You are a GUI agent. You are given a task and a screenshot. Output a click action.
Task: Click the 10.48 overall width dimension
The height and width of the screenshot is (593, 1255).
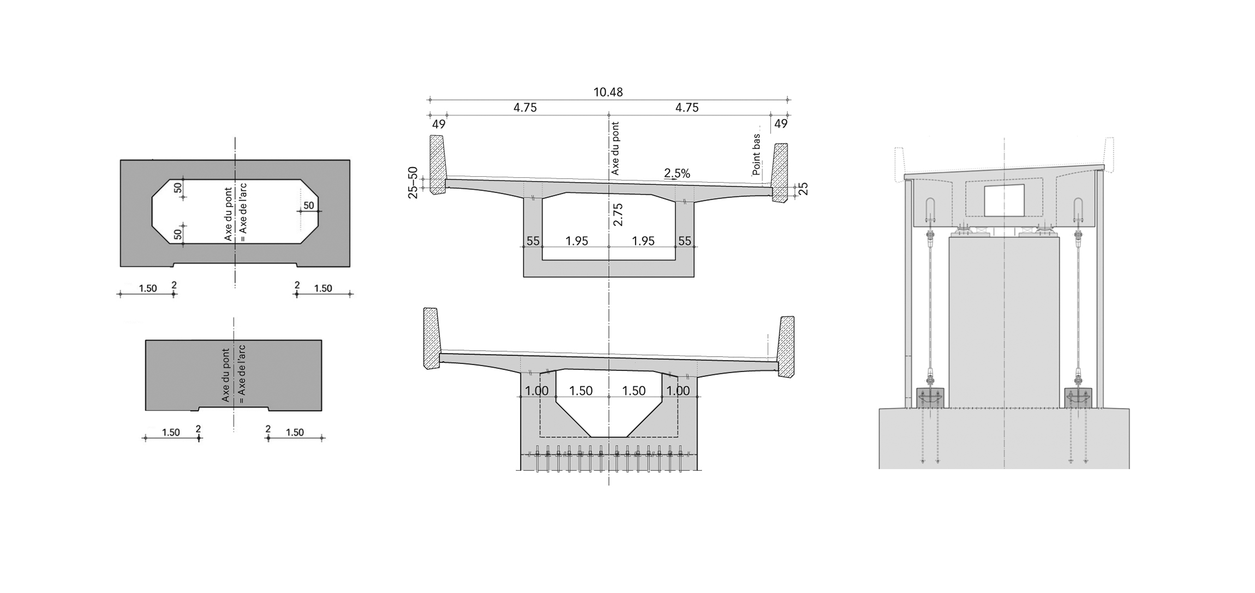click(608, 92)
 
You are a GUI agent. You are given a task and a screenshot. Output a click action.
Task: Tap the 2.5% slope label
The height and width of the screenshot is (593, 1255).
click(677, 173)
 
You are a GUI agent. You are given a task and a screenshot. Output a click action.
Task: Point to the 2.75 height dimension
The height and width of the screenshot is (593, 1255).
click(618, 214)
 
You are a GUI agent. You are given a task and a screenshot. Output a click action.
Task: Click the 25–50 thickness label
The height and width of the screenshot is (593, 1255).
click(413, 182)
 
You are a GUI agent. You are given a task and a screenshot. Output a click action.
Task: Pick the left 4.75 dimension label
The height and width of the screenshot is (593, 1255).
click(525, 107)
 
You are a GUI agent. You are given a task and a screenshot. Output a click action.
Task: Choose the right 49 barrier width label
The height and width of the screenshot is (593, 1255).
click(781, 124)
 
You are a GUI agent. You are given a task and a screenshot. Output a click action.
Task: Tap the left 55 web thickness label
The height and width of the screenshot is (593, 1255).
click(533, 241)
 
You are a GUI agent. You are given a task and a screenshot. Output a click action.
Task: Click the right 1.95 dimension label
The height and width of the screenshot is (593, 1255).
click(643, 241)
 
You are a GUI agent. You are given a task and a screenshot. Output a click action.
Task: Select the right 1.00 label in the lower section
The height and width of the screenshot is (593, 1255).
click(678, 391)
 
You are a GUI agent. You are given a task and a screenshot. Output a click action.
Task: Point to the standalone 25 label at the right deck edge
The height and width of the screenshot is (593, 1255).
click(803, 189)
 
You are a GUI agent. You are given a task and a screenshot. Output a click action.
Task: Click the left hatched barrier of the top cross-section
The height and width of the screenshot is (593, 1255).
click(437, 164)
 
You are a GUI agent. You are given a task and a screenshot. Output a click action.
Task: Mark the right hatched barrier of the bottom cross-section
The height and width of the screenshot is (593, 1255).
click(786, 346)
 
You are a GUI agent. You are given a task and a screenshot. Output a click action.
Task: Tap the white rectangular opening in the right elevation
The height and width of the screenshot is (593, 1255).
click(1004, 200)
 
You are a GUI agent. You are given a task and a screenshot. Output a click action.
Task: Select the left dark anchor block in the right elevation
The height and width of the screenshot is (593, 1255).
click(930, 398)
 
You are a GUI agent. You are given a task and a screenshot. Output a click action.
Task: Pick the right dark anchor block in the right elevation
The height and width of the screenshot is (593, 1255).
click(1078, 398)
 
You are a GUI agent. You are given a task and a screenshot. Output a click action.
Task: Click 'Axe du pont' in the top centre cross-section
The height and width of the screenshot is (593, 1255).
click(615, 148)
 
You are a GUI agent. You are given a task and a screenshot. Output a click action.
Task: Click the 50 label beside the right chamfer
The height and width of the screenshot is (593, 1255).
click(309, 206)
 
